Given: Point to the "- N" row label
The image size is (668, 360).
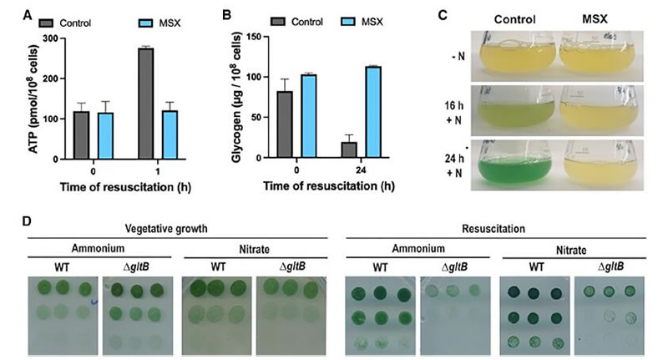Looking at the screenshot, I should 453,58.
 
